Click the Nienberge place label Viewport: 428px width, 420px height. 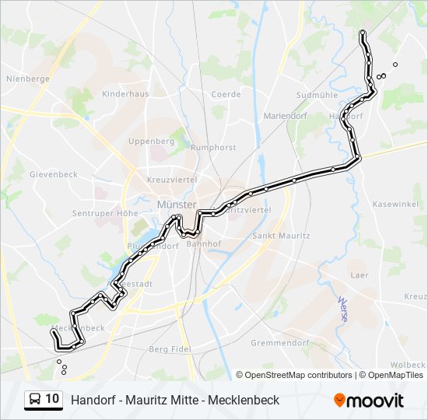[x=28, y=79]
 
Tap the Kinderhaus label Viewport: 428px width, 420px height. [x=125, y=94]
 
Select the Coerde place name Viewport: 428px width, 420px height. [x=226, y=95]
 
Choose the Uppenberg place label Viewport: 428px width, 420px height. [x=151, y=142]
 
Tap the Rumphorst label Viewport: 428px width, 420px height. [x=213, y=147]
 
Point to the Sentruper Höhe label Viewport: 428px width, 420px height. [x=104, y=213]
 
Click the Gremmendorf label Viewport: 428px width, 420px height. [x=281, y=342]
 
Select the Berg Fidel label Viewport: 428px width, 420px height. [x=170, y=349]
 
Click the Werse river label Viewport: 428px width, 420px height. [x=343, y=309]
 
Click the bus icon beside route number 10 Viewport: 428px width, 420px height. [x=34, y=399]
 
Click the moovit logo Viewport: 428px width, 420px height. [x=369, y=400]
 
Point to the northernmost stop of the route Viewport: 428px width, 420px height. [x=363, y=33]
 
